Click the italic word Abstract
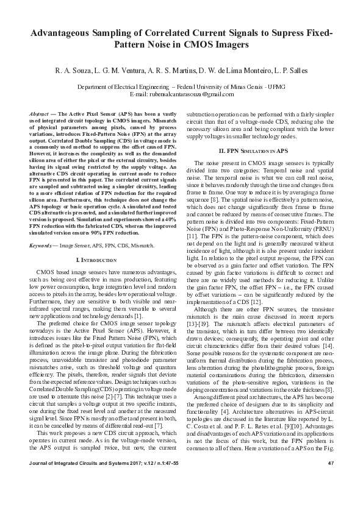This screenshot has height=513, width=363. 40,115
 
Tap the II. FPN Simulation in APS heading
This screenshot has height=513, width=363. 259,150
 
